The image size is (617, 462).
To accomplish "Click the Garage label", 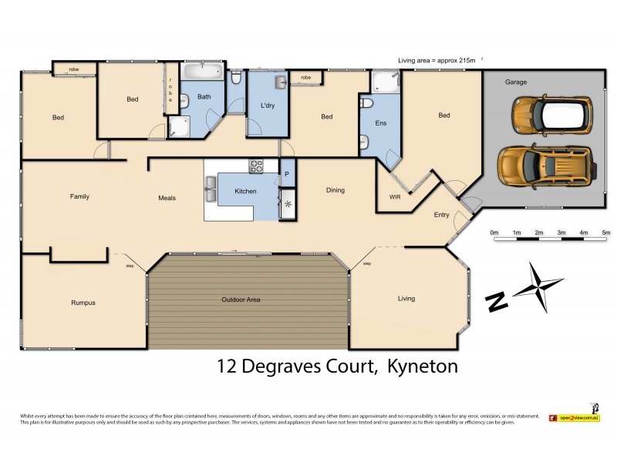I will [x=516, y=82].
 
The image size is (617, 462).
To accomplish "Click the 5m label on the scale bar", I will [x=605, y=231].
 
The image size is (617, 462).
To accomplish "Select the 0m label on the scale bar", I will [x=494, y=231].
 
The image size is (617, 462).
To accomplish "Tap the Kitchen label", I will [x=245, y=190].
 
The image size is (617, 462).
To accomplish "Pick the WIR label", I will [x=395, y=197].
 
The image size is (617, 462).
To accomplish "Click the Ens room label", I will [x=380, y=122].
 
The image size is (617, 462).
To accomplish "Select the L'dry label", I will [x=268, y=105].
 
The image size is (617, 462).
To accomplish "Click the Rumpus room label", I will [x=83, y=303].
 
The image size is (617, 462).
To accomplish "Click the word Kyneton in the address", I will [x=420, y=367].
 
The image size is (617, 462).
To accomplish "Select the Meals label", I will [x=167, y=198].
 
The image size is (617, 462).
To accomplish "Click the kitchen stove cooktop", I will [x=256, y=165].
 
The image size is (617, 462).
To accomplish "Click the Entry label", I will [x=441, y=215].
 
